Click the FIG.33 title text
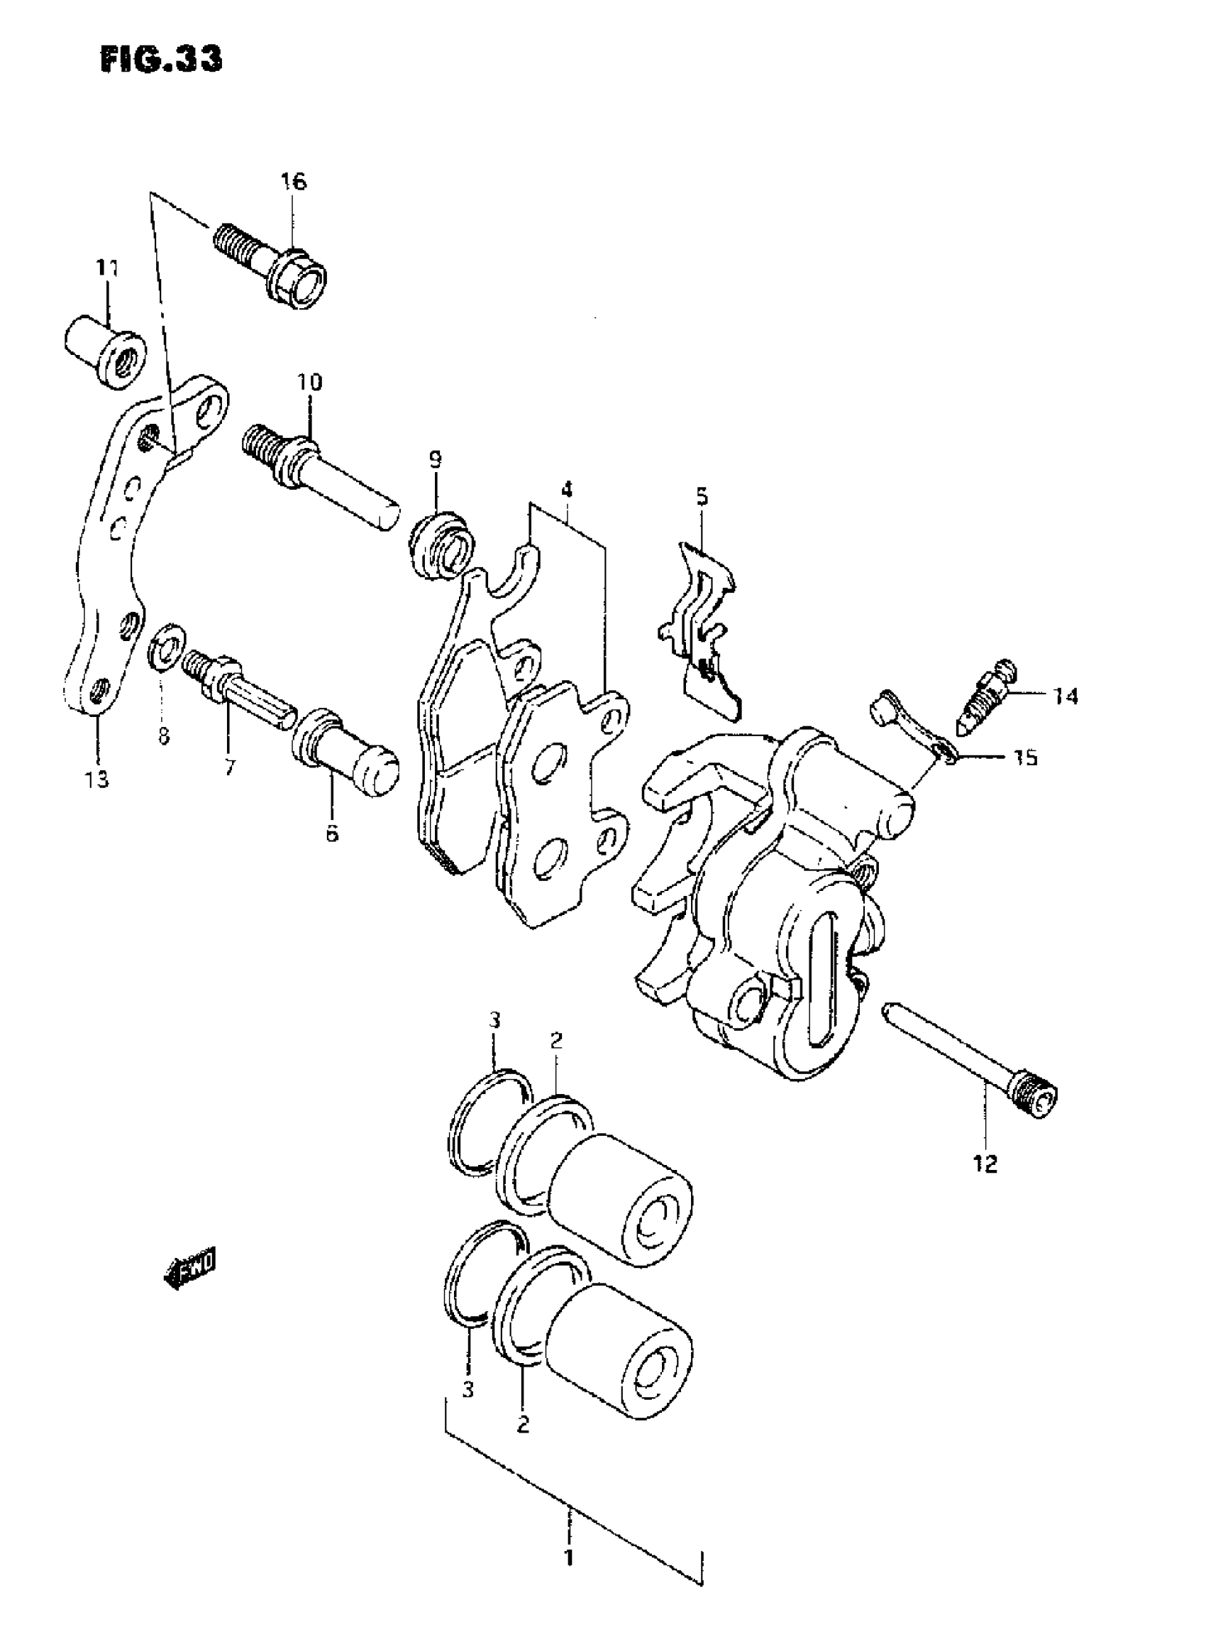click(161, 59)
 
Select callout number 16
click(294, 181)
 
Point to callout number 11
click(107, 270)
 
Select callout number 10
click(309, 382)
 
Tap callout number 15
click(1026, 757)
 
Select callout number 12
click(985, 1164)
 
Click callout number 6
click(332, 833)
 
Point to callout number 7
click(229, 767)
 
